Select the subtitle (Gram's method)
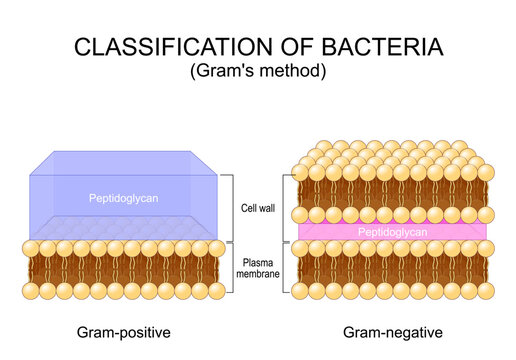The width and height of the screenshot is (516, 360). [x=258, y=72]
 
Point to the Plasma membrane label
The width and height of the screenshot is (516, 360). [x=259, y=267]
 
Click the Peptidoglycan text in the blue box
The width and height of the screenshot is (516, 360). [x=122, y=197]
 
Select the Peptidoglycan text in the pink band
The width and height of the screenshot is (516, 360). [x=392, y=231]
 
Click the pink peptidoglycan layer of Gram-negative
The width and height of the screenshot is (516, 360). [x=330, y=231]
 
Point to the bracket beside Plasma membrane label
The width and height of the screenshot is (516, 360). [x=233, y=267]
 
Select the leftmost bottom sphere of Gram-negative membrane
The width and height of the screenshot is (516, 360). [x=299, y=291]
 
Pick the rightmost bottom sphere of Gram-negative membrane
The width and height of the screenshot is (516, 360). [x=485, y=291]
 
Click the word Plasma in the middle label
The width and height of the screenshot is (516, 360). [x=259, y=261]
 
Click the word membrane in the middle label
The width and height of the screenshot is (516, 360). [x=259, y=273]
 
